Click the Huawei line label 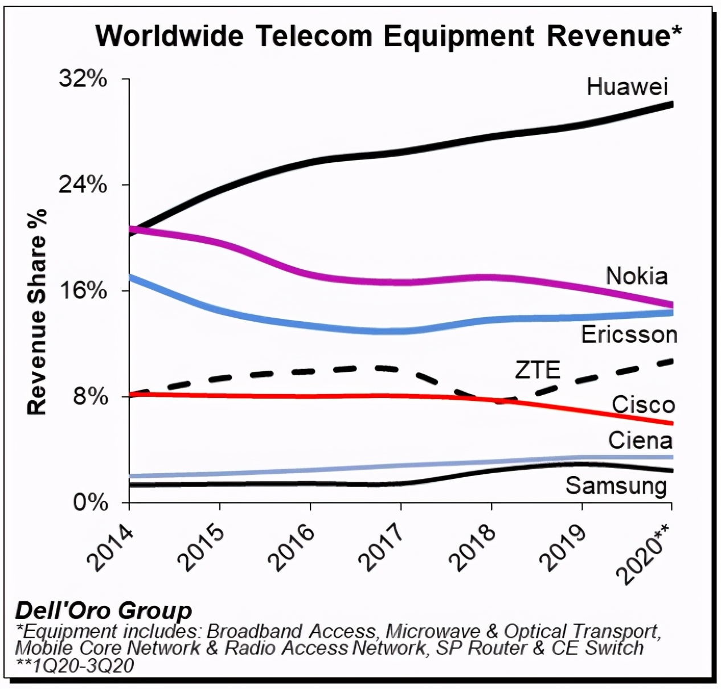pyautogui.click(x=627, y=87)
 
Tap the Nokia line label pyautogui.click(x=636, y=276)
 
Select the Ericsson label pyautogui.click(x=629, y=334)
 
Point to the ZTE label pyautogui.click(x=538, y=370)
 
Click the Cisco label pyautogui.click(x=643, y=405)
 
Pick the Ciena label pyautogui.click(x=640, y=440)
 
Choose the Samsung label pyautogui.click(x=616, y=486)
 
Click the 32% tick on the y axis pyautogui.click(x=83, y=79)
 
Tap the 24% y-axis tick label pyautogui.click(x=83, y=184)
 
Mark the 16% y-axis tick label pyautogui.click(x=83, y=290)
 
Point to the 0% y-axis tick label pyautogui.click(x=90, y=503)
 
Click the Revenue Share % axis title pyautogui.click(x=37, y=311)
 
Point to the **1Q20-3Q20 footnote pyautogui.click(x=75, y=665)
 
